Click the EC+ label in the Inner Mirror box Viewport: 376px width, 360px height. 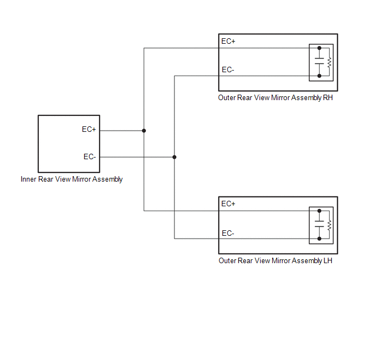pyautogui.click(x=89, y=130)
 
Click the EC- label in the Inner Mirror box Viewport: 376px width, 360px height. pyautogui.click(x=90, y=156)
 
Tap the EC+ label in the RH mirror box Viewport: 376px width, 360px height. pyautogui.click(x=228, y=41)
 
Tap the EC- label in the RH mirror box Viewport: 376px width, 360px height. pyautogui.click(x=228, y=69)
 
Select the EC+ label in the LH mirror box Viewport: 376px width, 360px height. pyautogui.click(x=228, y=204)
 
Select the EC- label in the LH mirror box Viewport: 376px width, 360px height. pyautogui.click(x=228, y=233)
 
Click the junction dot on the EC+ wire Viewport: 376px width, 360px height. pyautogui.click(x=144, y=131)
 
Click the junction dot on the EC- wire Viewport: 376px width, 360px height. pyautogui.click(x=174, y=157)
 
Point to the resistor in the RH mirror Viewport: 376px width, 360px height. pyautogui.click(x=329, y=62)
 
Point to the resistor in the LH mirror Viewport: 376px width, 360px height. pyautogui.click(x=329, y=224)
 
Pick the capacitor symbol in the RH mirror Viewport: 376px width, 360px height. pyautogui.click(x=319, y=62)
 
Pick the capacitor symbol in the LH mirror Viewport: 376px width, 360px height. pyautogui.click(x=319, y=224)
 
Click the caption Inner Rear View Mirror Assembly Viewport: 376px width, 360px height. pyautogui.click(x=72, y=179)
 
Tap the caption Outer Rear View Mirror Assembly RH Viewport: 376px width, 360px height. pyautogui.click(x=275, y=98)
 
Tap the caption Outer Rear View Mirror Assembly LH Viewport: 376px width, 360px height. pyautogui.click(x=275, y=261)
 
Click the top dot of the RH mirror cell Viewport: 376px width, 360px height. pyautogui.click(x=319, y=48)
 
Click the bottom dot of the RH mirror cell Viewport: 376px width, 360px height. pyautogui.click(x=319, y=76)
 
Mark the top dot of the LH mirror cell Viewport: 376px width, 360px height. pyautogui.click(x=319, y=211)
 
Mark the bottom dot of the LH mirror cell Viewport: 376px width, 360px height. pyautogui.click(x=319, y=239)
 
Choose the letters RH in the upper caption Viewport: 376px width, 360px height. pyautogui.click(x=327, y=98)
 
